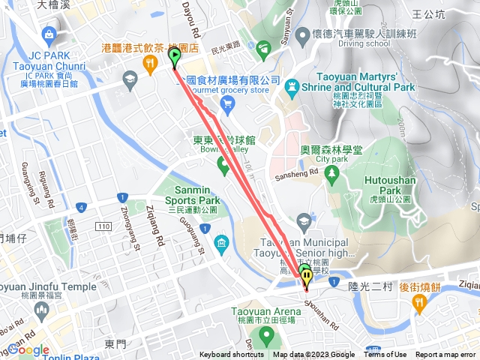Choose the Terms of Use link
coord(385,355)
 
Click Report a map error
coord(446,355)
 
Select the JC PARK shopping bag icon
coord(48,34)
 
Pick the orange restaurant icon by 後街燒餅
coord(418,301)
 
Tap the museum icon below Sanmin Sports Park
coord(222,243)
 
